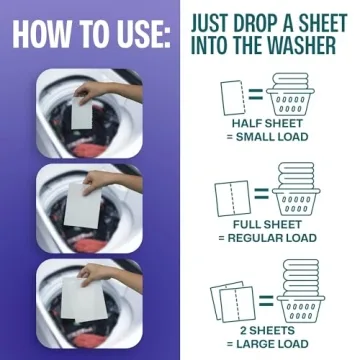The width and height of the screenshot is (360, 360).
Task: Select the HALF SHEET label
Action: point(268,124)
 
